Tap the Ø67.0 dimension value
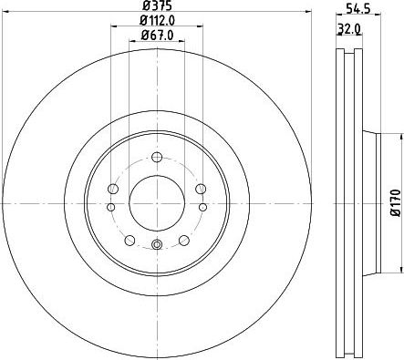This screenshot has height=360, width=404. (156, 36)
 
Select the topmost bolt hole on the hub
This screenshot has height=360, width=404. (156, 156)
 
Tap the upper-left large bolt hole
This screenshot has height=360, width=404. (113, 189)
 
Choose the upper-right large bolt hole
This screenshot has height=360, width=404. (199, 189)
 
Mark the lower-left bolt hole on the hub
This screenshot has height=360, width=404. (129, 239)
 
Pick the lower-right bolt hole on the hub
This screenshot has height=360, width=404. (183, 239)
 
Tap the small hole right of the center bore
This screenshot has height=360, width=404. (202, 207)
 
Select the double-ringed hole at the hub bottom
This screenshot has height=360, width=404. (156, 243)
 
